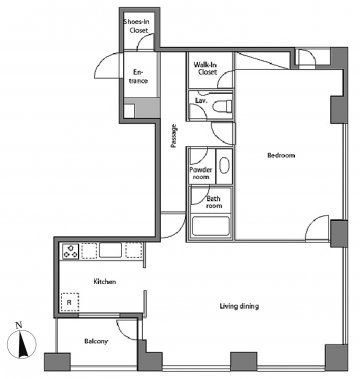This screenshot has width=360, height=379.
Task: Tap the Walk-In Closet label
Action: [205, 68]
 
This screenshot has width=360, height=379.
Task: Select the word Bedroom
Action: [281, 155]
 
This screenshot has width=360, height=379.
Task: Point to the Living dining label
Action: [239, 306]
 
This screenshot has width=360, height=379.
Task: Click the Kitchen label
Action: [104, 282]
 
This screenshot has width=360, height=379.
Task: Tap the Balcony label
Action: [96, 341]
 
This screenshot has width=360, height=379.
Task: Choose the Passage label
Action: [173, 136]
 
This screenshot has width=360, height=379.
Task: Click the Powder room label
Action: [201, 173]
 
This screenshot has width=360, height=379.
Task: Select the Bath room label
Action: [213, 202]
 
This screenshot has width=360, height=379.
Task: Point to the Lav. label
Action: [200, 100]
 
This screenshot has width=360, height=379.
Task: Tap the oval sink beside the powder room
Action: [224, 166]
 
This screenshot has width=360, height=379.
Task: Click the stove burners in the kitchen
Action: [70, 251]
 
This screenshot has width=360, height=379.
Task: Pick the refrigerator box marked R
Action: [70, 302]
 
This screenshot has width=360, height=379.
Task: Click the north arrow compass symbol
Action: [22, 342]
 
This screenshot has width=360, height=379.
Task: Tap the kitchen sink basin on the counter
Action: [110, 250]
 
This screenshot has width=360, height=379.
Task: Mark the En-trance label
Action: [138, 76]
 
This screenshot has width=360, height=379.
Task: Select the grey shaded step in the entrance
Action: [146, 108]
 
